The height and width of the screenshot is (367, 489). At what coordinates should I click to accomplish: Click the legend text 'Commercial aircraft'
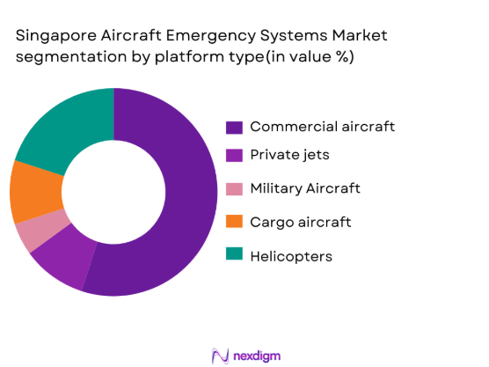322,127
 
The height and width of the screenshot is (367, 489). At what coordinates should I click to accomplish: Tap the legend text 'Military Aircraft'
304,189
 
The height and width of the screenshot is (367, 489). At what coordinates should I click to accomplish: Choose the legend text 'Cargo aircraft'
300,222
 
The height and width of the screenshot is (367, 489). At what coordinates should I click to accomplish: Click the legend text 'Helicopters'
292,254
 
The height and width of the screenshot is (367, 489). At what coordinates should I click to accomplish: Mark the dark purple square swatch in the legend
234,127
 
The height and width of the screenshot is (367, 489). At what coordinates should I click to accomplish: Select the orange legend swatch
234,222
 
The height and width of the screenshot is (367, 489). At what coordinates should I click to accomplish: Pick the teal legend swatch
234,254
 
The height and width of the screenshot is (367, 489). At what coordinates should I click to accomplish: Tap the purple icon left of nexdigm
221,354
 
